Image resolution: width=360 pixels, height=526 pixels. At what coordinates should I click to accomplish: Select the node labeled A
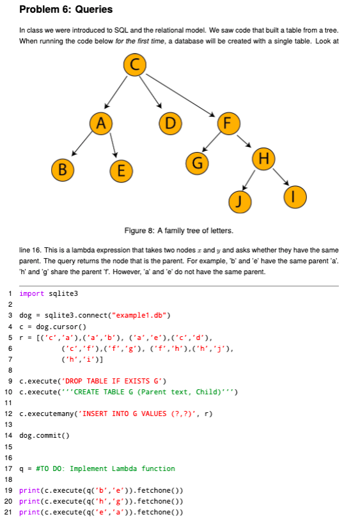101,121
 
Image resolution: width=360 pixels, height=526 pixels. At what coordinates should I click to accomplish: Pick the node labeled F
228,121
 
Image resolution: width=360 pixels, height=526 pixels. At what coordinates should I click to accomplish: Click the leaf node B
62,169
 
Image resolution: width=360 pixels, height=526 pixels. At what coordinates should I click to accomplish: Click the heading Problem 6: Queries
66,9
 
